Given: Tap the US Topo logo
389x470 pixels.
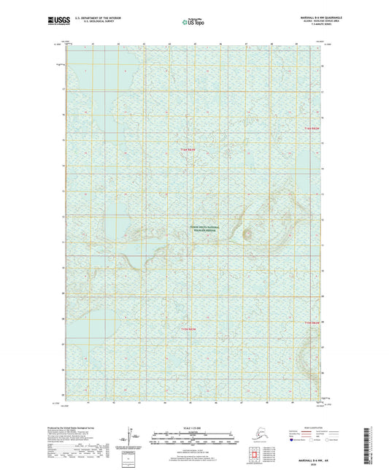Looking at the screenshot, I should pyautogui.click(x=194, y=23).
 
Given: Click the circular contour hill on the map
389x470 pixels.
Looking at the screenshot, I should pyautogui.click(x=248, y=235).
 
